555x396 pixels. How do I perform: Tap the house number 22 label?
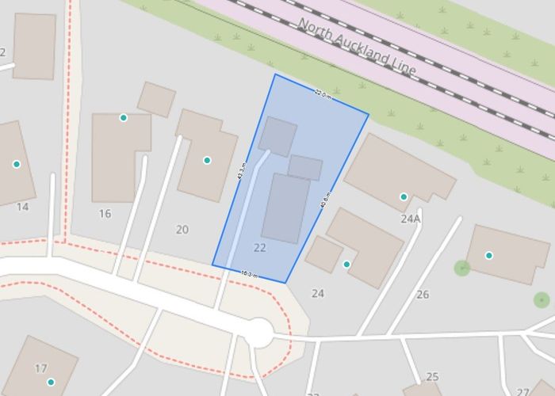260,248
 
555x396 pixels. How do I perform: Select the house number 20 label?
182,230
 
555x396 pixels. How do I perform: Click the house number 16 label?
105,214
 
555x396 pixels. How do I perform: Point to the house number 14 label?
22,207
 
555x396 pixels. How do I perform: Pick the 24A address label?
410,219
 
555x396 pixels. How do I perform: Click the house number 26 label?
423,295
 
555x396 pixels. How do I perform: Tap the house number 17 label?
41,367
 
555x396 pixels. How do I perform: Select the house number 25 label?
432,377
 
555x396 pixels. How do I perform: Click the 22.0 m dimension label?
322,93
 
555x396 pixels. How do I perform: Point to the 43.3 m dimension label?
242,171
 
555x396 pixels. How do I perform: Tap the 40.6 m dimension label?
325,199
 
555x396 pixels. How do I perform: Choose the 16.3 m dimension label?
249,274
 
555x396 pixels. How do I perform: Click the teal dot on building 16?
123,118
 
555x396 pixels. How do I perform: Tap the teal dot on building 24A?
404,196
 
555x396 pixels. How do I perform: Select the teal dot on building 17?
51,382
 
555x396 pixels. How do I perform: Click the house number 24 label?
318,294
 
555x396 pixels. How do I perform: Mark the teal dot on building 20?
207,160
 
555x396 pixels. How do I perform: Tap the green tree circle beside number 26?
462,268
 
